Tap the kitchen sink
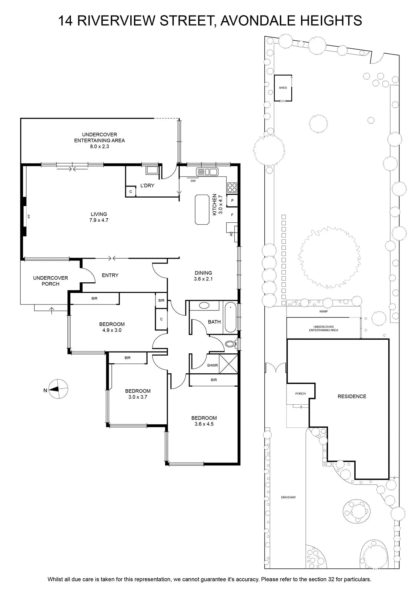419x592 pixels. pos(207,172)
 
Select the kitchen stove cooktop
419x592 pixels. pos(232,187)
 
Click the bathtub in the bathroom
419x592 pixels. pos(231,317)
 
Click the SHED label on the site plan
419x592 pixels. pos(283,88)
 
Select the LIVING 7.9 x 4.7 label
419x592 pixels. pos(99,217)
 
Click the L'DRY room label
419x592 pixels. pos(147,185)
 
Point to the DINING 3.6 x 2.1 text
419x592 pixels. pos(203,276)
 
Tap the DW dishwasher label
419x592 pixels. pos(193,181)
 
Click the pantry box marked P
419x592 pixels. pos(232,200)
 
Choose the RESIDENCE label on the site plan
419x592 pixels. pos(352,396)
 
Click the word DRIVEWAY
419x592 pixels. pos(288,497)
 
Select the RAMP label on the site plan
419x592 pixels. pos(324,312)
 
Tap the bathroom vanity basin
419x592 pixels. pos(204,306)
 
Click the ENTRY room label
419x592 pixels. pos(110,275)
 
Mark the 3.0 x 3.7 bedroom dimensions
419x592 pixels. pos(138,397)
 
